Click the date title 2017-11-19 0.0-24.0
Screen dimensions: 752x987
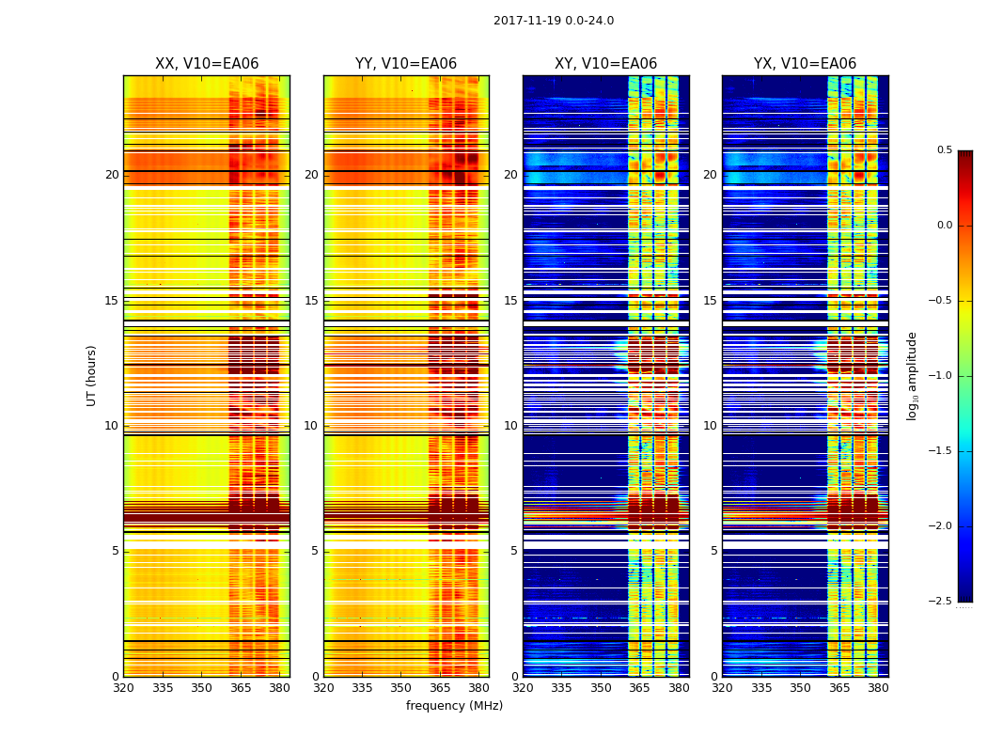pos(553,21)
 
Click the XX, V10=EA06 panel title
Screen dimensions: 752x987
pos(207,64)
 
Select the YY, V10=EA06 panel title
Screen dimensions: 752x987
pos(406,64)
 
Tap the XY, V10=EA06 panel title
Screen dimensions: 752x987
pos(605,64)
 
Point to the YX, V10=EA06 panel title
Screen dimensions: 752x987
pos(805,64)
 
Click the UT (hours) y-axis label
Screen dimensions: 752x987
pos(92,375)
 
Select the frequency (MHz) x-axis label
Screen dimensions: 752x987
pos(454,706)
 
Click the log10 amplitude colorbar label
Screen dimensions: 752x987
pos(912,375)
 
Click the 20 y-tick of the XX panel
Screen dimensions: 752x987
pos(112,175)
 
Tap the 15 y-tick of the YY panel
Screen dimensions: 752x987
pos(312,301)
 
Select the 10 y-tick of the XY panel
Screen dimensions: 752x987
pos(511,426)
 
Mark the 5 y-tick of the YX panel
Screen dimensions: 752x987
pos(714,551)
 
